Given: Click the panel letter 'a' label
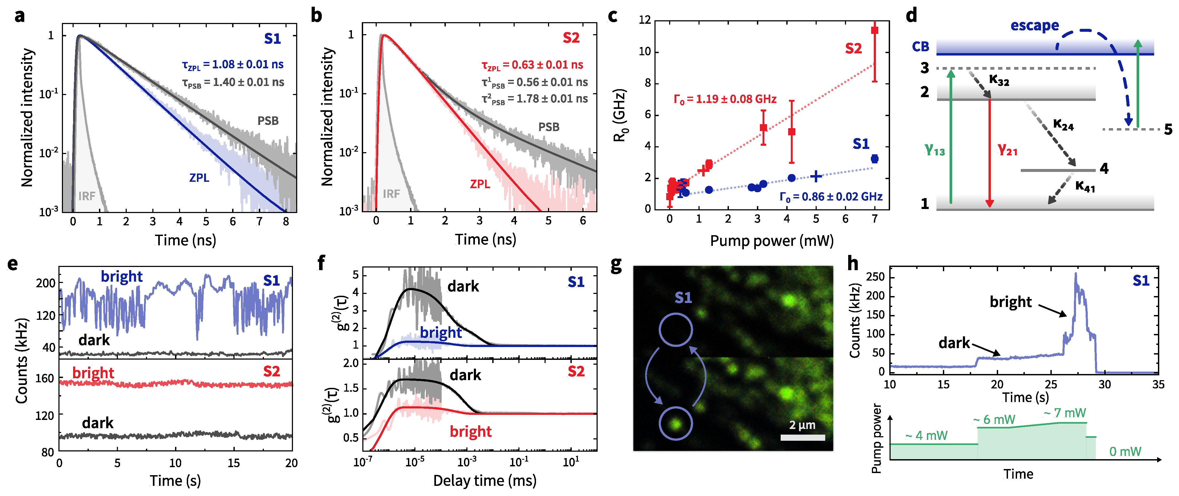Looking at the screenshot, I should click(19, 16).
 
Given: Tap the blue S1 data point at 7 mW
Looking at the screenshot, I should click(874, 159).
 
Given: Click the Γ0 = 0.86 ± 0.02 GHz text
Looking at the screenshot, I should click(831, 197).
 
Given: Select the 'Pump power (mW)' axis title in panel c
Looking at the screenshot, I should click(771, 241).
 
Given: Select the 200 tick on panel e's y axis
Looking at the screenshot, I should click(46, 283).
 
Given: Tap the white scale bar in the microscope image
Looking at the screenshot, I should click(802, 437).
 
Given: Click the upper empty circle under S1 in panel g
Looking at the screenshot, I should click(676, 329).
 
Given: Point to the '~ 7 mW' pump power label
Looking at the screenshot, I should click(1065, 413).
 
